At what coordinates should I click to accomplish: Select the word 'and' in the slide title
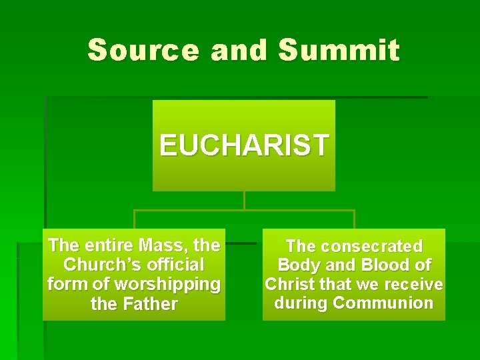click(x=239, y=50)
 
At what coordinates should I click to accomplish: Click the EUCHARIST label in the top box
click(x=244, y=144)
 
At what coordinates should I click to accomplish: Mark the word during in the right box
click(x=301, y=303)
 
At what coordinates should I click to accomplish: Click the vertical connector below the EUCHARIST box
click(x=245, y=201)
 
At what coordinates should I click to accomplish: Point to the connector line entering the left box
click(x=135, y=220)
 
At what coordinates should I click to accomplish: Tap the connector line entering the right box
click(x=354, y=220)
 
